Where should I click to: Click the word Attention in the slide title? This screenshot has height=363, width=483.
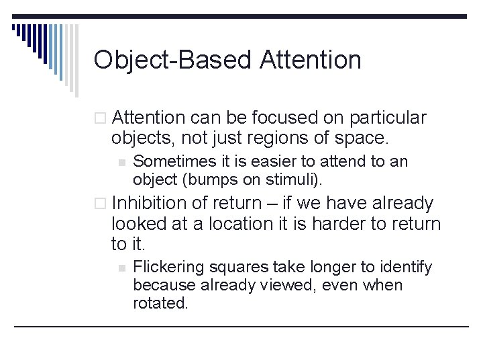pyautogui.click(x=310, y=60)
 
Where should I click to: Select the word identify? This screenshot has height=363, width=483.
pyautogui.click(x=407, y=268)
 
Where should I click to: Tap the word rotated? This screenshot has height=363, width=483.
pyautogui.click(x=160, y=303)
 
